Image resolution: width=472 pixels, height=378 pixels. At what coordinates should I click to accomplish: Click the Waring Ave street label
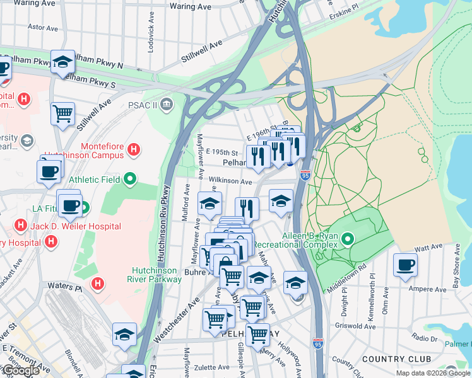point(190,6)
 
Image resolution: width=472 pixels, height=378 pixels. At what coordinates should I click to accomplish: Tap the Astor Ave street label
point(44,28)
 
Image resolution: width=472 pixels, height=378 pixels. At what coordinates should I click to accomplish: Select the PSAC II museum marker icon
point(167,103)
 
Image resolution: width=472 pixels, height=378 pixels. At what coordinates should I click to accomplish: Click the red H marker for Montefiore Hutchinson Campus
point(134,149)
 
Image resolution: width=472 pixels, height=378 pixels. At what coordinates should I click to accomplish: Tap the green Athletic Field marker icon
point(130,180)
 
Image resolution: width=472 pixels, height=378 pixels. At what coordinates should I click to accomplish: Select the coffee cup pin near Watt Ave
point(405,265)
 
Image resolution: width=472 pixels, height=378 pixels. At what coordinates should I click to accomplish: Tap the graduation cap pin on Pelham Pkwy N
point(63,62)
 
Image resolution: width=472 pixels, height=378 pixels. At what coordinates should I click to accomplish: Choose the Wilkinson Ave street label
point(231,181)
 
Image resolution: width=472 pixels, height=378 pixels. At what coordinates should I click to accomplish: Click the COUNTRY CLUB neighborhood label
point(397,358)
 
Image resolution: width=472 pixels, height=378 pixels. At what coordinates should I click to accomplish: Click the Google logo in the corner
point(20,370)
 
